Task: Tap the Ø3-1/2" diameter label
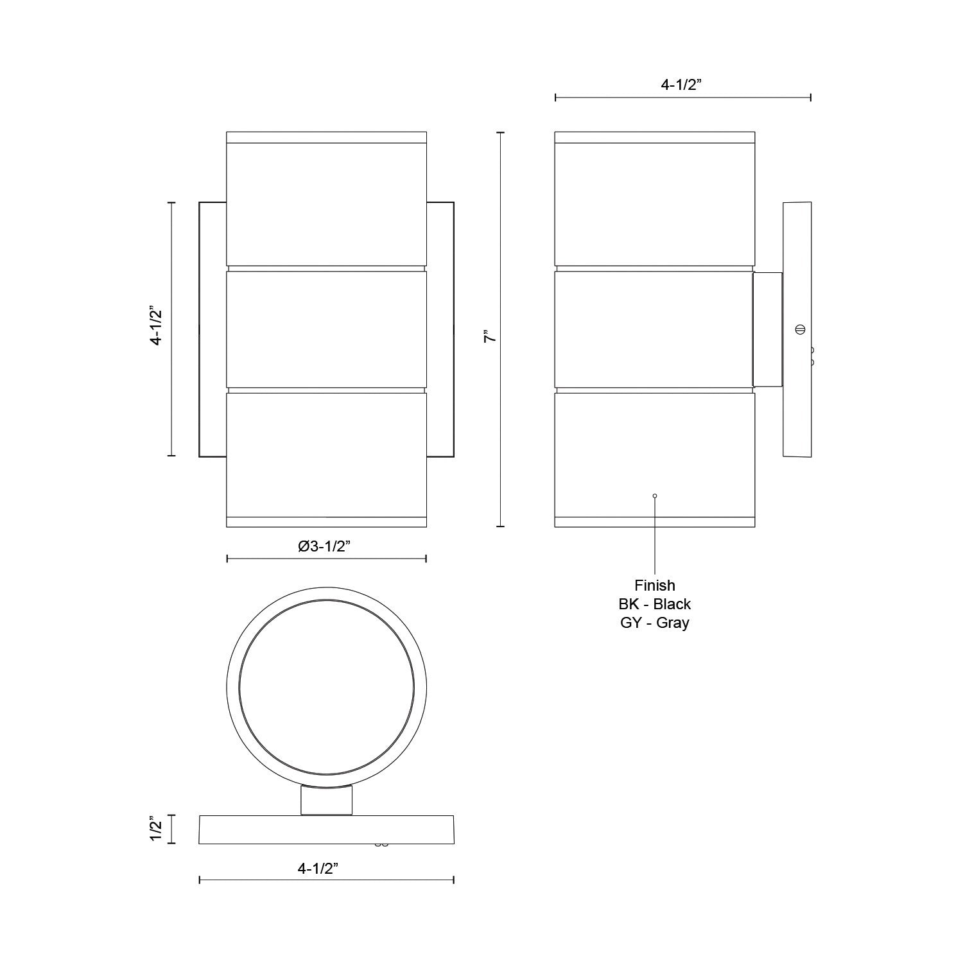pyautogui.click(x=325, y=546)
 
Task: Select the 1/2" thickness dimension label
pyautogui.click(x=154, y=829)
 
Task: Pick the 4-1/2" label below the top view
pyautogui.click(x=327, y=869)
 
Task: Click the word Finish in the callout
pyautogui.click(x=655, y=586)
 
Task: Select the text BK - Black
pyautogui.click(x=655, y=604)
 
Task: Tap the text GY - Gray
pyautogui.click(x=655, y=623)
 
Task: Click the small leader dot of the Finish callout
pyautogui.click(x=655, y=496)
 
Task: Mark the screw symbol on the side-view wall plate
pyautogui.click(x=800, y=329)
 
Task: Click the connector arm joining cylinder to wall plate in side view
pyautogui.click(x=768, y=330)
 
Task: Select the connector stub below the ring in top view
pyautogui.click(x=327, y=801)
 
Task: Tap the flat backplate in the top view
pyautogui.click(x=327, y=829)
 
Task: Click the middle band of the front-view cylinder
pyautogui.click(x=326, y=330)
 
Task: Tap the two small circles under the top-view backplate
pyautogui.click(x=381, y=845)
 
